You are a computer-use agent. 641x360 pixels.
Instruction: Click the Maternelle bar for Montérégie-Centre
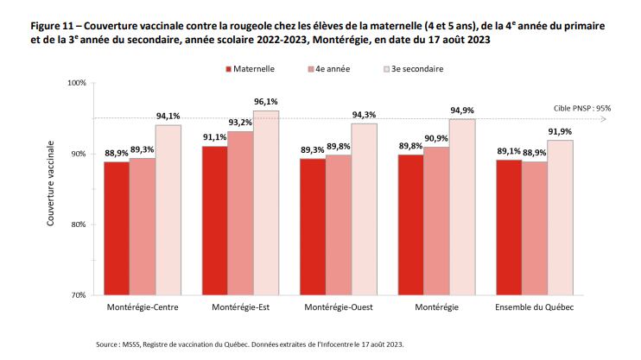pyautogui.click(x=116, y=228)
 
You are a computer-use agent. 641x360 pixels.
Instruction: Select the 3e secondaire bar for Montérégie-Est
pyautogui.click(x=267, y=203)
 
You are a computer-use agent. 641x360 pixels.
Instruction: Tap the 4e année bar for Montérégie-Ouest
pyautogui.click(x=339, y=224)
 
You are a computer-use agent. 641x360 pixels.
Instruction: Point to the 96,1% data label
pyautogui.click(x=266, y=102)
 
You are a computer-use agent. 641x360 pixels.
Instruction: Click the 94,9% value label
pyautogui.click(x=461, y=111)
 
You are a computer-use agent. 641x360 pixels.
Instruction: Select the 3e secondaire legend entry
pyautogui.click(x=414, y=68)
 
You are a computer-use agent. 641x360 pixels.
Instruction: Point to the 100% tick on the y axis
pyautogui.click(x=77, y=84)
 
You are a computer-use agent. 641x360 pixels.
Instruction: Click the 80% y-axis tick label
pyautogui.click(x=79, y=224)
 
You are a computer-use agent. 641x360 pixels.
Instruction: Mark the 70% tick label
pyautogui.click(x=79, y=295)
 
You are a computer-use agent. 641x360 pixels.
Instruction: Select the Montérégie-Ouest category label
pyautogui.click(x=339, y=308)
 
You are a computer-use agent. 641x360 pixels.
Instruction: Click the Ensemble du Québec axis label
pyautogui.click(x=535, y=308)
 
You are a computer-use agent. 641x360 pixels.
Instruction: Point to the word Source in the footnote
pyautogui.click(x=109, y=344)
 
